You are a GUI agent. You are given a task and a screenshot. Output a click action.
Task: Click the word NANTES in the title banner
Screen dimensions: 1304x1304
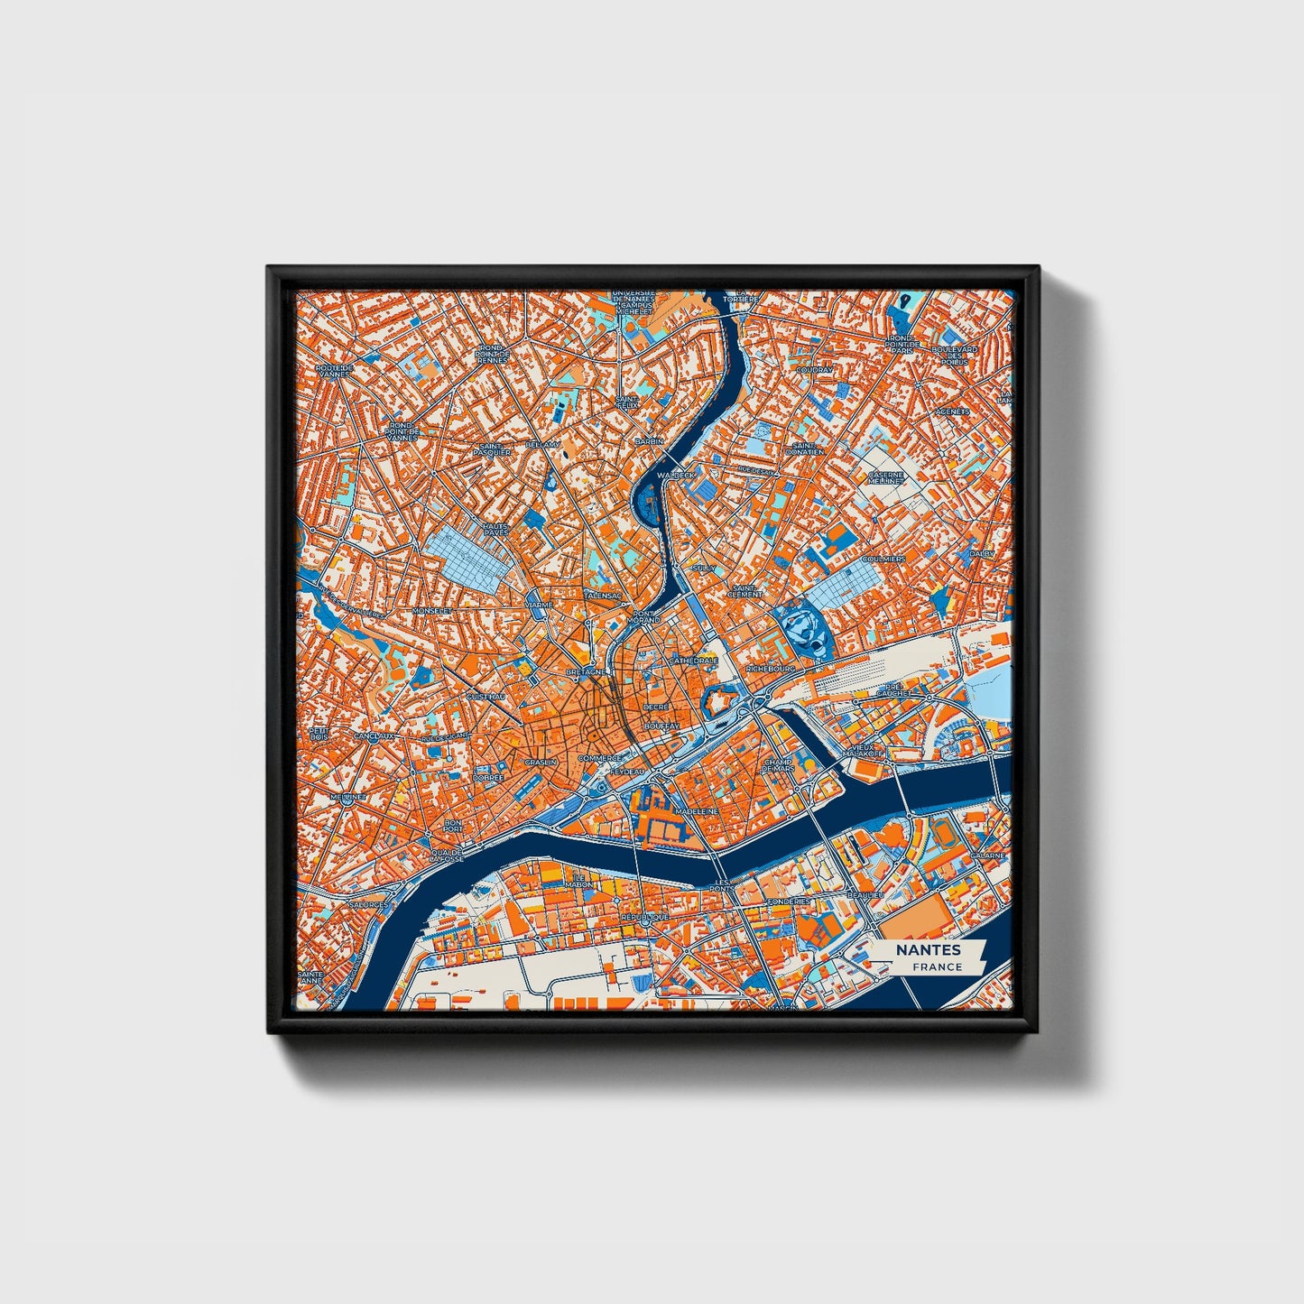coord(928,949)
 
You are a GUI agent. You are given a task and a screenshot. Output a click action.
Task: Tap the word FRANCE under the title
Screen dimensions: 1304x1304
coord(937,966)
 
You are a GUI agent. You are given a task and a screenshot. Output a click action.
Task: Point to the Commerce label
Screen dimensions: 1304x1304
coord(600,758)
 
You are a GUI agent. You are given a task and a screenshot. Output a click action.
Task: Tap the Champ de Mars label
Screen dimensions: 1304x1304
coord(779,764)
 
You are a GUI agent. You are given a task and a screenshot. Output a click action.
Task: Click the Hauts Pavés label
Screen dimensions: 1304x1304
coord(495,529)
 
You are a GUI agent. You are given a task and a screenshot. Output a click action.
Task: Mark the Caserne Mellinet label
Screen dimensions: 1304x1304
coord(886,477)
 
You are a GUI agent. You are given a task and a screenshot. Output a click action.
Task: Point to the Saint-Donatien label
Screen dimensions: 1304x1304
coord(805,448)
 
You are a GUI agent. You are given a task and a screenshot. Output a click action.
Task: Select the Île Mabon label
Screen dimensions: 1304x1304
coord(579,880)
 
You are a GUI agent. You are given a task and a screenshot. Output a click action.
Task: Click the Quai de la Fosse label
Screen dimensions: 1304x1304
coord(448,855)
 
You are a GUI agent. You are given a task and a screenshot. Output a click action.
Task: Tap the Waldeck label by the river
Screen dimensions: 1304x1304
coord(677,474)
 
